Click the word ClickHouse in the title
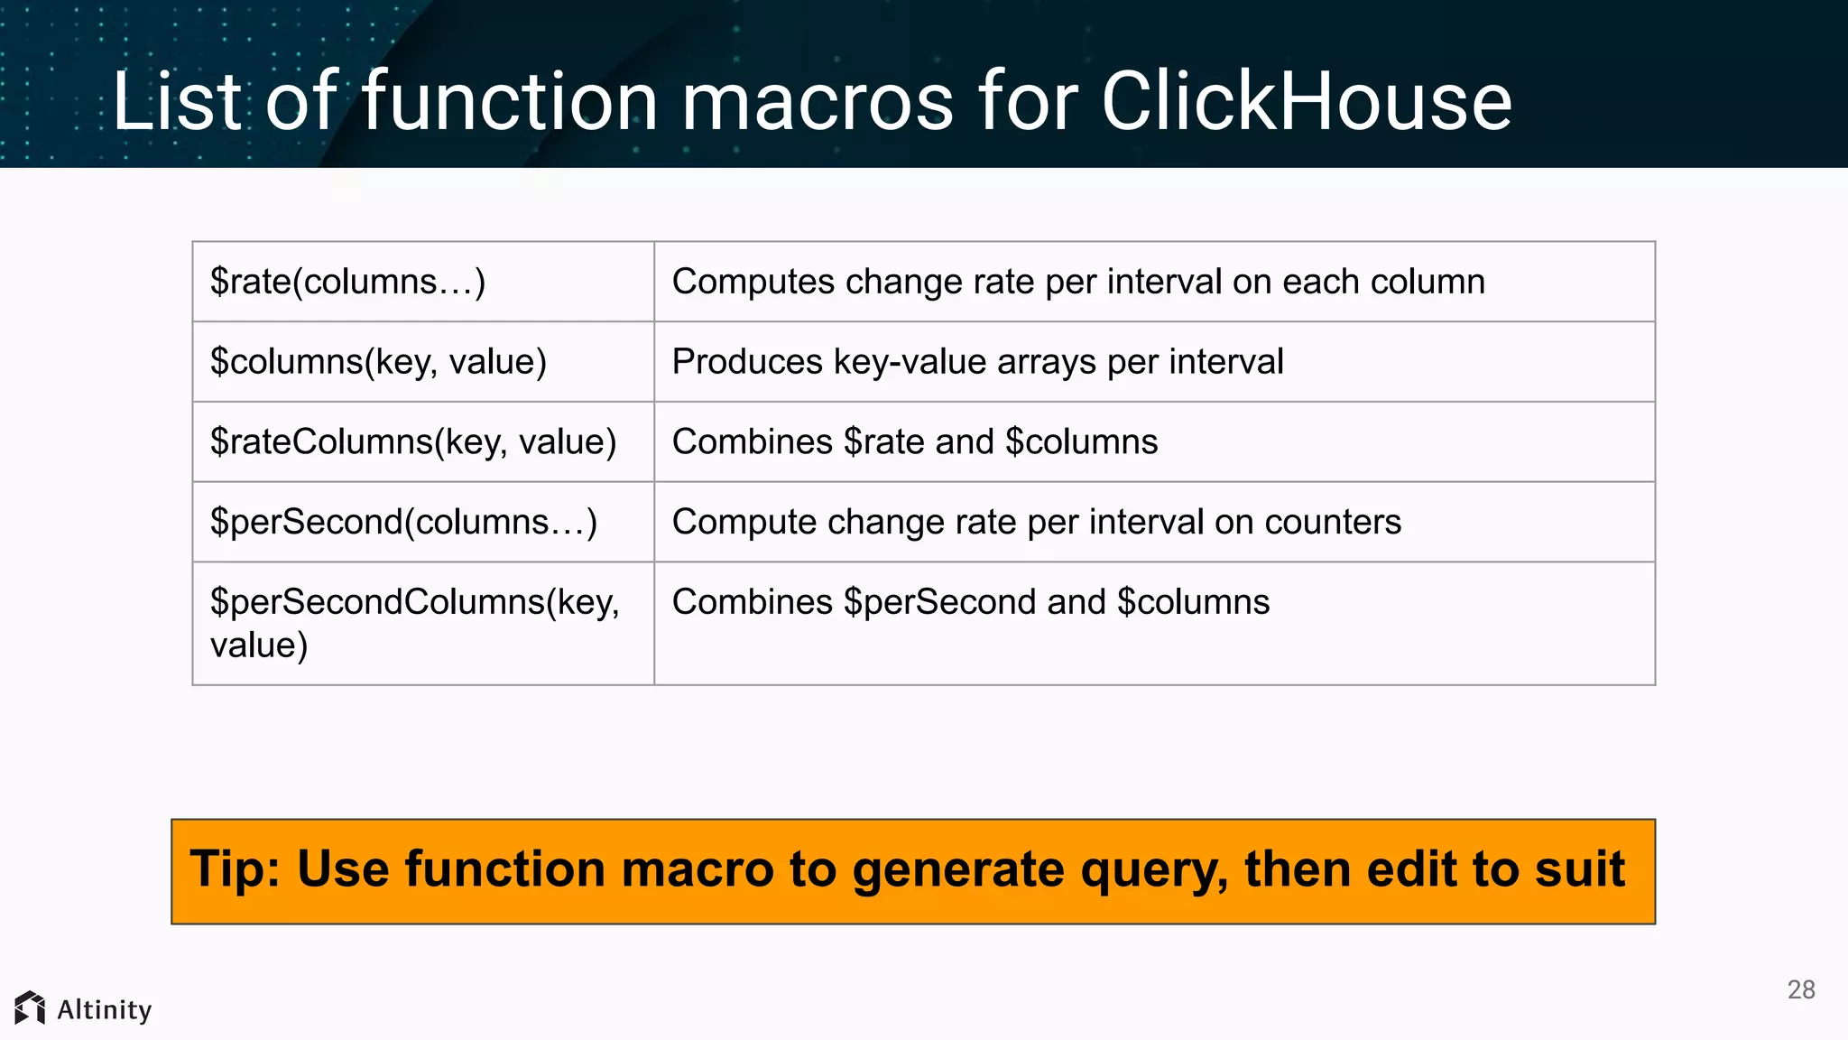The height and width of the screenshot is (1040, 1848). coord(1306,101)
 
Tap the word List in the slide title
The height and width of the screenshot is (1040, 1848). coord(177,101)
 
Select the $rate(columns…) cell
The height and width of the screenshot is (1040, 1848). coord(348,282)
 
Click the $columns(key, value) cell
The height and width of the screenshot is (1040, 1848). coord(378,362)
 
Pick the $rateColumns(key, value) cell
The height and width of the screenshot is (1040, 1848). coord(413,442)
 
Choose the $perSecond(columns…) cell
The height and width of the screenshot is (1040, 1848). coord(403,522)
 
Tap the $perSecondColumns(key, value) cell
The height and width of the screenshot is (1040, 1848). coord(414,623)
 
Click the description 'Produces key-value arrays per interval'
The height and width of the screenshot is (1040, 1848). coord(977,362)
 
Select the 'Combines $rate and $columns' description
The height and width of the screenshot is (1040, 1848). coord(915,442)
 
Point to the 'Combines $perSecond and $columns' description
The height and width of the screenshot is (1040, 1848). coord(971,602)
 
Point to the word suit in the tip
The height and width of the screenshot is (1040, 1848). coord(1579,869)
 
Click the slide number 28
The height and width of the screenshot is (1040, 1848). coord(1801,989)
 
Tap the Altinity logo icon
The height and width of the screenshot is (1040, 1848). coord(30,1008)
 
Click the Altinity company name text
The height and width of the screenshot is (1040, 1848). coord(105,1009)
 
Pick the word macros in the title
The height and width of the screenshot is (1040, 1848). coord(817,101)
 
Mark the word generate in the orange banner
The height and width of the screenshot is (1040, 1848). coord(958,871)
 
